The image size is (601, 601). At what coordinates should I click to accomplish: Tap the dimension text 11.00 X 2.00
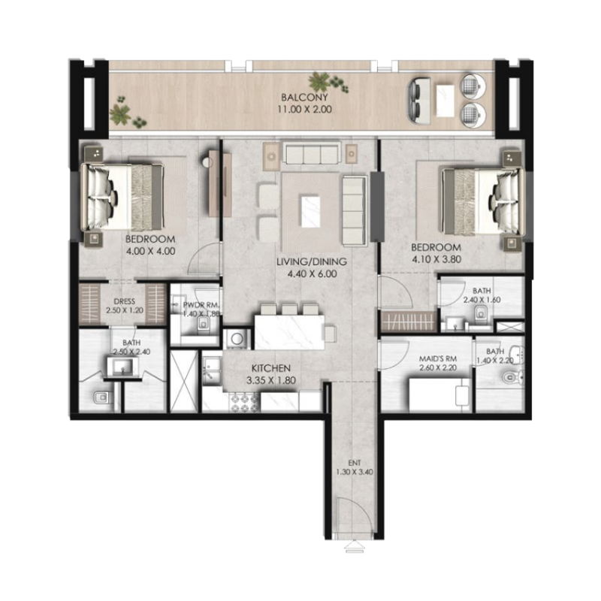coord(305,110)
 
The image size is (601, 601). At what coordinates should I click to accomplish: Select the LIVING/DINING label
coord(311,262)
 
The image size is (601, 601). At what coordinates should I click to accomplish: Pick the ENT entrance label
coord(354,462)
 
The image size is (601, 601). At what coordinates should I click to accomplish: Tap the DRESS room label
coord(125,302)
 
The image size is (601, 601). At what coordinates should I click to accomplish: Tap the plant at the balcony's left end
coord(120,114)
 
